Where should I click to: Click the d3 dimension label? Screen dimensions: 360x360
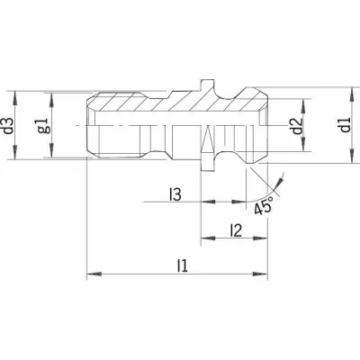pyautogui.click(x=10, y=125)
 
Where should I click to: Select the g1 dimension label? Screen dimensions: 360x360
pyautogui.click(x=43, y=125)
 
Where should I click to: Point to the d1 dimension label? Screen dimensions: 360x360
pyautogui.click(x=346, y=125)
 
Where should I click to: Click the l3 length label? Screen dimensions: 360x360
pyautogui.click(x=175, y=194)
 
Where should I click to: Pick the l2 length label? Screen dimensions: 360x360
pyautogui.click(x=236, y=230)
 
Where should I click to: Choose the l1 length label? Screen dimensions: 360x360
pyautogui.click(x=182, y=266)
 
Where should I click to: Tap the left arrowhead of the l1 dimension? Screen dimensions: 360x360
pyautogui.click(x=94, y=274)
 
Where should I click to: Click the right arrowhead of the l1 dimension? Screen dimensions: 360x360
pyautogui.click(x=260, y=274)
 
